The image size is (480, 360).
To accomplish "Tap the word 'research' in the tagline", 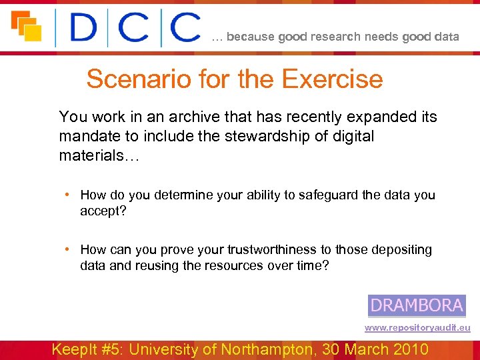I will point(334,37).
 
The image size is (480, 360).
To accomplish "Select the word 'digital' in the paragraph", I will point(351,136).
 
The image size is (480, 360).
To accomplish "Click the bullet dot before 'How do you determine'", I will point(69,195).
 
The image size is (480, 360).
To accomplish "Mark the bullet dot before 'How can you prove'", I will point(69,249).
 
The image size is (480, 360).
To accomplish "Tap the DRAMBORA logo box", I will point(417,305).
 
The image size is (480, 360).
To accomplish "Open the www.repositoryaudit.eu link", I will point(417,328).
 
